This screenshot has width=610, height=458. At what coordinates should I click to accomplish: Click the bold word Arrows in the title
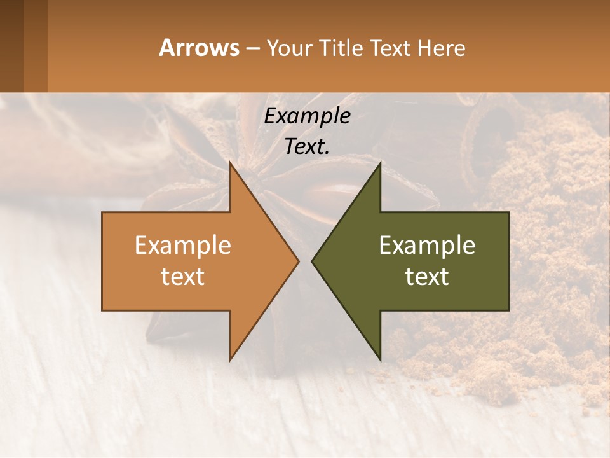(x=199, y=48)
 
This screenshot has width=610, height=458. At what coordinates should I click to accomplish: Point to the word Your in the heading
(x=289, y=48)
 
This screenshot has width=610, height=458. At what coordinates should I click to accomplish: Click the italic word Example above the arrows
(x=307, y=116)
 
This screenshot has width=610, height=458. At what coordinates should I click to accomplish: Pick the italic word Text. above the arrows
(x=307, y=146)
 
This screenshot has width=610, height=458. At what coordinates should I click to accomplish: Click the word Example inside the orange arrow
(x=183, y=245)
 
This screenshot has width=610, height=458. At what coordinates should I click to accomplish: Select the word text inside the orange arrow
(x=183, y=277)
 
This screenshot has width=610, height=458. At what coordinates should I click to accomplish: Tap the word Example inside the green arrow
(x=427, y=245)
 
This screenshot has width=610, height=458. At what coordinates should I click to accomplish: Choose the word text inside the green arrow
(x=427, y=277)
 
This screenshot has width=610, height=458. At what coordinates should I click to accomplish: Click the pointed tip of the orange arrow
(x=298, y=261)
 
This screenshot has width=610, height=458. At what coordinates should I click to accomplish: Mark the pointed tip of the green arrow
(x=312, y=261)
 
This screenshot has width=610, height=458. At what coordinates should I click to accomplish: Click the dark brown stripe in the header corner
(x=11, y=46)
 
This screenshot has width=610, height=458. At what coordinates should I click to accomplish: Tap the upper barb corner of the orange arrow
(x=230, y=163)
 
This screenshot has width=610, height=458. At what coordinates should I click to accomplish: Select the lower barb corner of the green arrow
(x=380, y=359)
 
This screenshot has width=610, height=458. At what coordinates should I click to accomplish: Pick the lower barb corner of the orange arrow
(x=230, y=359)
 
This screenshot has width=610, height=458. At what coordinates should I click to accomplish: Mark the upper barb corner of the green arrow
(x=380, y=163)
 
